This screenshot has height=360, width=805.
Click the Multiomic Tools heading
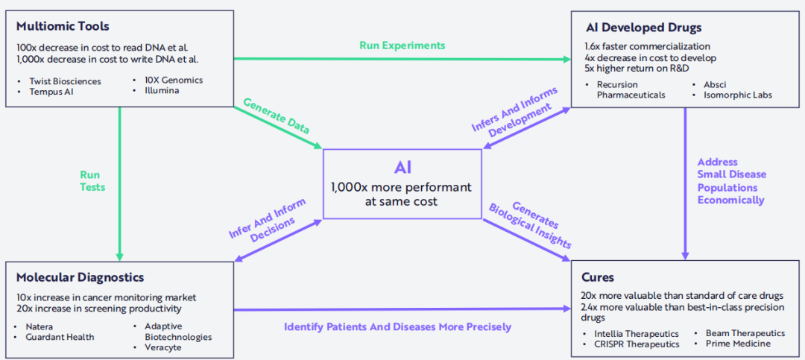(x=63, y=27)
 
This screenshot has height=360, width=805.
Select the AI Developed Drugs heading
(x=643, y=28)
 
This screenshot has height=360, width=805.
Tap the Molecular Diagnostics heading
(x=80, y=277)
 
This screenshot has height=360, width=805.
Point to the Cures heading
(x=598, y=277)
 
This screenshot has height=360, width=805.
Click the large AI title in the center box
(x=402, y=166)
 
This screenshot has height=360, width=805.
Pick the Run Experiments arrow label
(x=402, y=45)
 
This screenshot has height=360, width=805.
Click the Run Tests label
(x=92, y=181)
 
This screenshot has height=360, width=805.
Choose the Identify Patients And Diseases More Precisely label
(x=397, y=326)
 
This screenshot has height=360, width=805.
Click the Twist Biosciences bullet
(x=65, y=81)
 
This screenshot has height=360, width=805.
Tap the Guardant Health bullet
(x=60, y=337)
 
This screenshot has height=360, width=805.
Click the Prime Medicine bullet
(x=738, y=344)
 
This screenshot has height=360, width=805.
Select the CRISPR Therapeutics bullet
(x=637, y=344)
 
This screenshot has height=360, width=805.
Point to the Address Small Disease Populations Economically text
(x=731, y=181)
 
